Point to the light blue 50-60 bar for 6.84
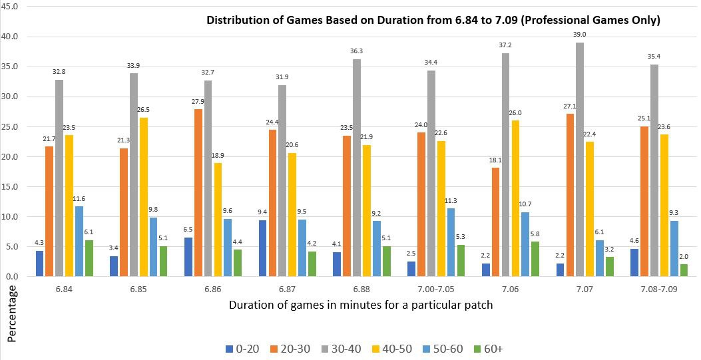[79, 242]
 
